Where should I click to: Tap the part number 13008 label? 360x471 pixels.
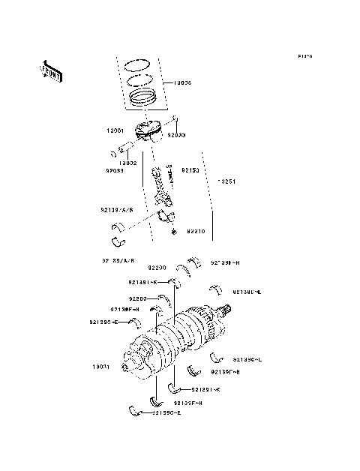(x=182, y=83)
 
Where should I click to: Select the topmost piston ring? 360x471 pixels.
(x=139, y=62)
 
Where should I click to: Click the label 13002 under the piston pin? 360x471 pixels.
(x=126, y=161)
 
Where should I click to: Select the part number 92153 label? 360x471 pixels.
(x=191, y=171)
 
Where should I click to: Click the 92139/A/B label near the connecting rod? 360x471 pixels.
(x=116, y=210)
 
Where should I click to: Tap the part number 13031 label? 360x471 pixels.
(x=101, y=367)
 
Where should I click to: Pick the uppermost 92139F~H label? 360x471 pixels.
(x=125, y=310)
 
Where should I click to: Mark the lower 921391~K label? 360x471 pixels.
(x=205, y=390)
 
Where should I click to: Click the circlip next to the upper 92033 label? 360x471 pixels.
(x=175, y=118)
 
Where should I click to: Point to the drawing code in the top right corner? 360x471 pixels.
(x=304, y=56)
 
